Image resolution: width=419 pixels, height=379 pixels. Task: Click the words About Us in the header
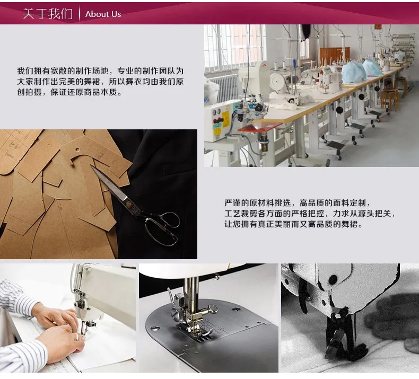click(x=103, y=14)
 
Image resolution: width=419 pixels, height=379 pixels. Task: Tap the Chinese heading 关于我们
click(x=48, y=14)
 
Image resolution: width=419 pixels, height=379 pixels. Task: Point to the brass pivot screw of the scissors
click(x=129, y=205)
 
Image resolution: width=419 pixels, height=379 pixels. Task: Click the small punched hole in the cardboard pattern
click(x=77, y=149)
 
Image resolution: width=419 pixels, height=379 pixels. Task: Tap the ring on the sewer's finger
click(x=77, y=337)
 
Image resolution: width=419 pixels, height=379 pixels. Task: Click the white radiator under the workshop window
click(x=223, y=87)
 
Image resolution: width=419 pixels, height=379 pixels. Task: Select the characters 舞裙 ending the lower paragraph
click(x=349, y=224)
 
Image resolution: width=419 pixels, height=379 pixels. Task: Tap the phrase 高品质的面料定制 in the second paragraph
click(x=333, y=203)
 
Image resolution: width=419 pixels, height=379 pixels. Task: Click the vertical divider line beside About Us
click(x=80, y=14)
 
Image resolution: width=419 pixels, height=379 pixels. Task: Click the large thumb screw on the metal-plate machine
click(x=214, y=309)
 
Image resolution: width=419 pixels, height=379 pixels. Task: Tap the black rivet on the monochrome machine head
click(x=333, y=279)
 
